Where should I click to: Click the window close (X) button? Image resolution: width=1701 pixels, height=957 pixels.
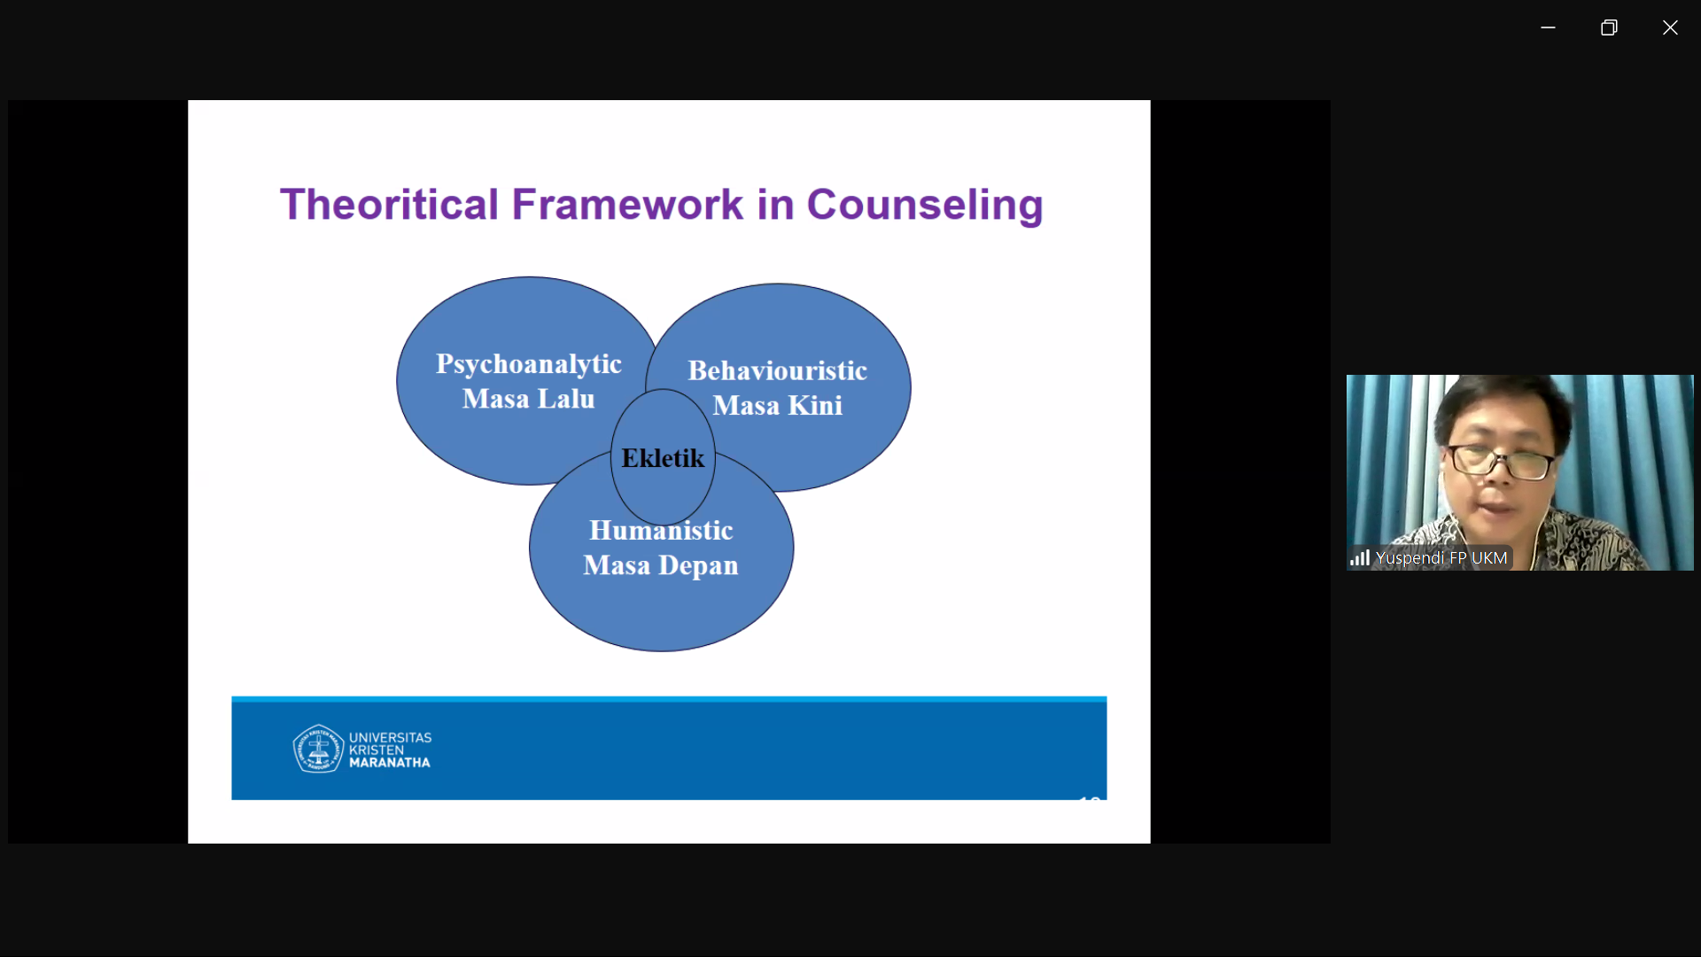[1670, 27]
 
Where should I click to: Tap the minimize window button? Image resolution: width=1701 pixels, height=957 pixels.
[1548, 27]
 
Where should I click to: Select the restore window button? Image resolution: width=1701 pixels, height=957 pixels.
[1609, 27]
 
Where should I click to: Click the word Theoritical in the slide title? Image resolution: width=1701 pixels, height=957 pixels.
[390, 205]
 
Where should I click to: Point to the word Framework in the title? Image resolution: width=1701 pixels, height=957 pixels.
[627, 205]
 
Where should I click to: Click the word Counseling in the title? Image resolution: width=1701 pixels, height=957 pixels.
[925, 206]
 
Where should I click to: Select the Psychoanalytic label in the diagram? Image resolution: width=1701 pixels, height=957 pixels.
[529, 364]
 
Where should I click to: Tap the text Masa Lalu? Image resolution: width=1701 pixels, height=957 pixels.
[529, 399]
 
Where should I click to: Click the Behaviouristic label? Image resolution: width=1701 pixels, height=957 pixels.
[778, 370]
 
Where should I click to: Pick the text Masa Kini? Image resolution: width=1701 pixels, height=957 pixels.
[778, 405]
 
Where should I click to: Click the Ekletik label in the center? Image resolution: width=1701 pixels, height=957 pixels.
[663, 458]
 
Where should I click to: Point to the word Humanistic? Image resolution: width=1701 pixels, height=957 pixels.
[661, 530]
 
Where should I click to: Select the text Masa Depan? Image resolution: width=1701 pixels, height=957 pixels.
[661, 565]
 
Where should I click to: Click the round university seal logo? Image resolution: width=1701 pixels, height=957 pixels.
[318, 749]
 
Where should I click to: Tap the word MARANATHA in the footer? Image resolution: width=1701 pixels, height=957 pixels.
[390, 762]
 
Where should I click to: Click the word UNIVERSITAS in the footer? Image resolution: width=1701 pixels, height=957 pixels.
[391, 737]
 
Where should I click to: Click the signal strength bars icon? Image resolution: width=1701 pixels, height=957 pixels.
[1360, 557]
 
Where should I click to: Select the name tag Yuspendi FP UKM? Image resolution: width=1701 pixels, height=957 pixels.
[1441, 557]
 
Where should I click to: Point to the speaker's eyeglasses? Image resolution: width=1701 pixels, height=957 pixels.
[1500, 460]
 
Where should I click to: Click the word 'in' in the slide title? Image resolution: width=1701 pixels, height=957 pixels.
[775, 205]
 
